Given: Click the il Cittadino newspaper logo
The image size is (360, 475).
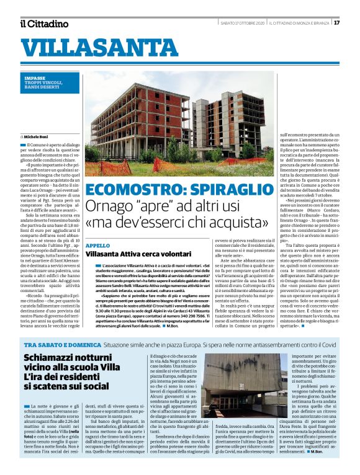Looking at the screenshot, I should (43, 24).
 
